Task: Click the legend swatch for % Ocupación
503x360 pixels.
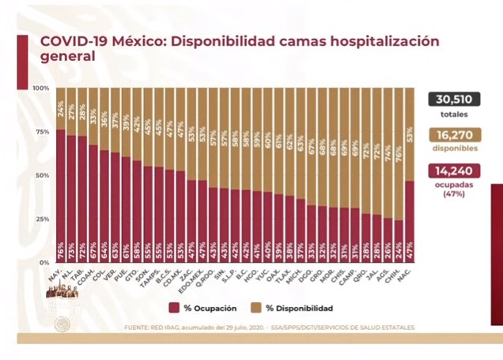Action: pyautogui.click(x=172, y=308)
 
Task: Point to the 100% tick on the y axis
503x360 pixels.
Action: pyautogui.click(x=40, y=88)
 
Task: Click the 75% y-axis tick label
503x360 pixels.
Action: pyautogui.click(x=42, y=131)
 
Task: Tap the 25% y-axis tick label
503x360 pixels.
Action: pyautogui.click(x=42, y=218)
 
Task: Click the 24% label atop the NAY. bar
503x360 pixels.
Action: pyautogui.click(x=61, y=103)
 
